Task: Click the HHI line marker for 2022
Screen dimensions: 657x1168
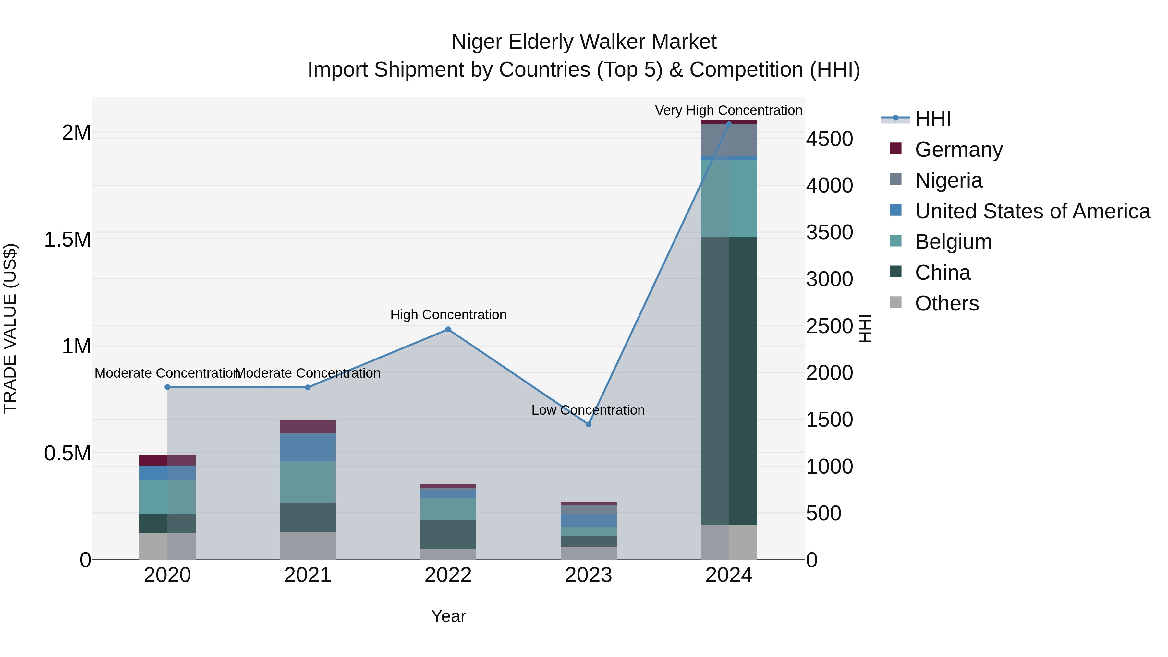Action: click(x=448, y=330)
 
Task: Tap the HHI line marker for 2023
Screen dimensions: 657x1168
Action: click(x=589, y=424)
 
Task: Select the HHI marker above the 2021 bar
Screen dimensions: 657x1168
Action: click(x=308, y=388)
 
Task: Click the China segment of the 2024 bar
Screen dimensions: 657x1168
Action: click(x=729, y=381)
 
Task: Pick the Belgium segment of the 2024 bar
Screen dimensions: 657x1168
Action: click(x=729, y=199)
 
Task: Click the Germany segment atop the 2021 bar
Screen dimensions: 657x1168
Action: click(x=308, y=427)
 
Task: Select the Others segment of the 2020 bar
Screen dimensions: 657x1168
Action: click(x=167, y=546)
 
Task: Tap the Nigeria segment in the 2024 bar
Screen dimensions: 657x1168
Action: click(x=729, y=140)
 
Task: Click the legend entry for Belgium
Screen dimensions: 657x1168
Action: click(x=953, y=242)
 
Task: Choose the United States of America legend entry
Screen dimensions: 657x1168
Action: click(x=1032, y=211)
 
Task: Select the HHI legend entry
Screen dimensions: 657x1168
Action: click(x=933, y=119)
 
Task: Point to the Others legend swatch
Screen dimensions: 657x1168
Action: click(x=895, y=302)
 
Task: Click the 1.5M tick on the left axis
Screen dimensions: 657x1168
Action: click(x=67, y=240)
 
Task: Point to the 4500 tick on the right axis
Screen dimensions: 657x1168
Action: click(x=829, y=139)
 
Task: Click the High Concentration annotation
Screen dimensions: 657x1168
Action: click(x=448, y=315)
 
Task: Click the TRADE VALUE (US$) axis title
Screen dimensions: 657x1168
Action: click(x=10, y=328)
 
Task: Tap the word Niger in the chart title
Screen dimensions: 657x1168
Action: click(x=477, y=42)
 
